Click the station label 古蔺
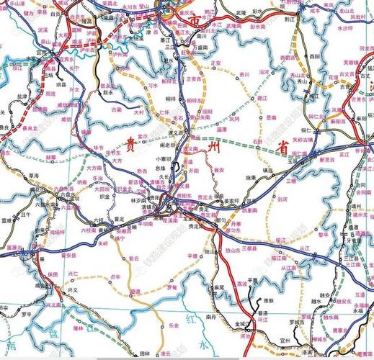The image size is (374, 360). coord(117,109)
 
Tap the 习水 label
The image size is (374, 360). coord(152,85)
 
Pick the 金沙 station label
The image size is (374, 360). coord(142,136)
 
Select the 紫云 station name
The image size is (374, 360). coord(135,258)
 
